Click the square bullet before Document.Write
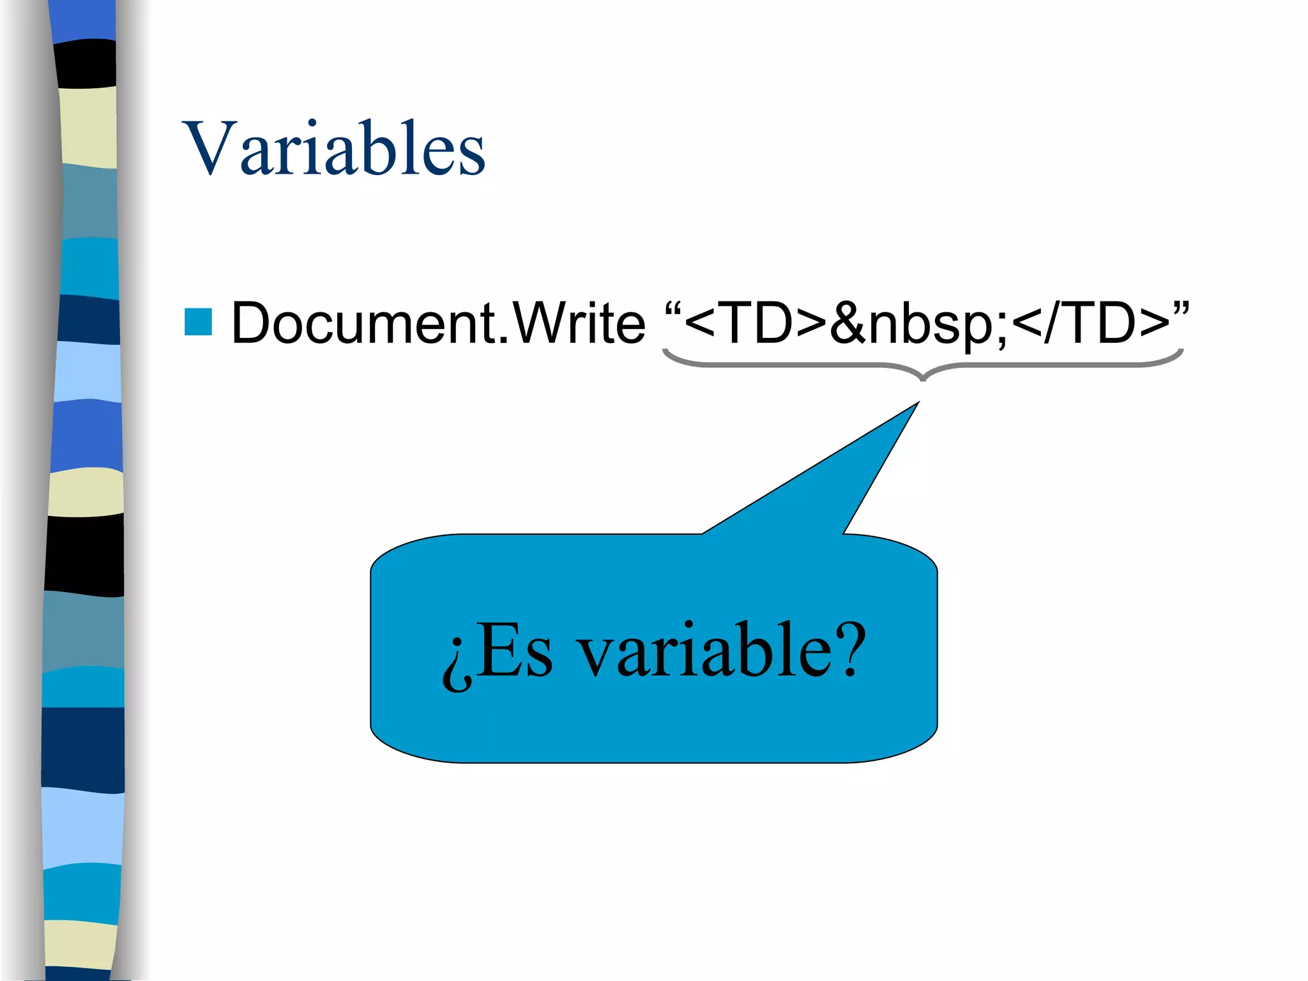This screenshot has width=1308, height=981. (x=198, y=322)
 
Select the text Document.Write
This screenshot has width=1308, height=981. (x=438, y=323)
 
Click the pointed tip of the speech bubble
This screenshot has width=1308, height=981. (x=917, y=404)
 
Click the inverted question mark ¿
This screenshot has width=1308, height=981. (x=457, y=664)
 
